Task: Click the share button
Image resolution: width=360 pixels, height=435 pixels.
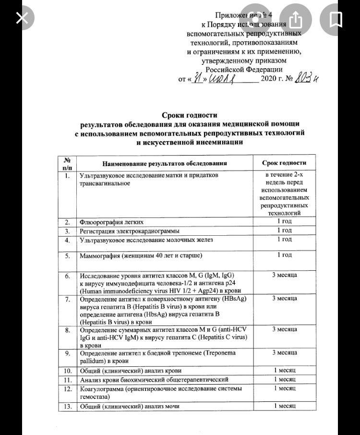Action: [296, 19]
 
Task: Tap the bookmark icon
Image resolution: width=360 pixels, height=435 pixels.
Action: [336, 19]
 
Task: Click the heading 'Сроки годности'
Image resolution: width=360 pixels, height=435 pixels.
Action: [189, 115]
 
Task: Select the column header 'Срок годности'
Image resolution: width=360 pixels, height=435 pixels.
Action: [285, 163]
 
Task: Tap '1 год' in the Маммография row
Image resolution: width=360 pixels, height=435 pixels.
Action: [285, 255]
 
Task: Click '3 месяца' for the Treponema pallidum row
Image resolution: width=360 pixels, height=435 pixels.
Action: [285, 353]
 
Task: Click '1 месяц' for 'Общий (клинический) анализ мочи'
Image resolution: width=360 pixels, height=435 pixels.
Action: [285, 407]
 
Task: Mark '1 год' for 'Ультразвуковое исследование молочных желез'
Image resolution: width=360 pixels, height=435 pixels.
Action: [285, 239]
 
